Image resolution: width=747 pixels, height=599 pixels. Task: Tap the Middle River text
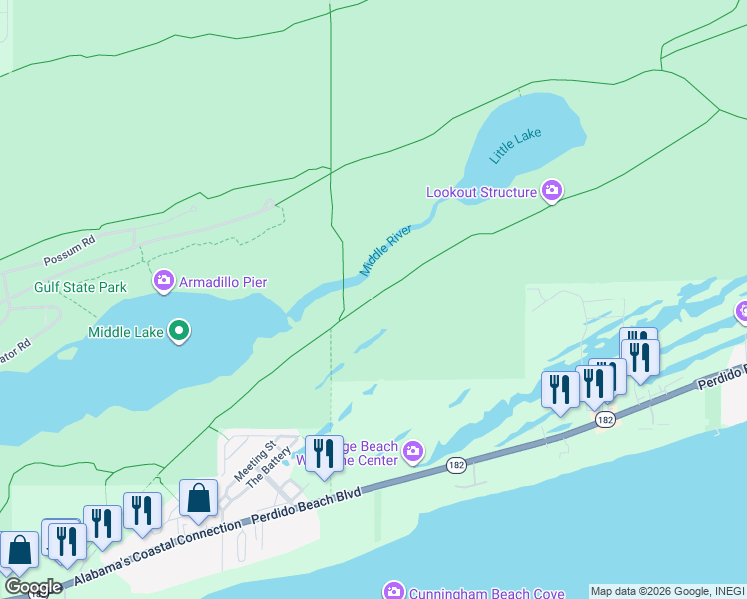(x=386, y=250)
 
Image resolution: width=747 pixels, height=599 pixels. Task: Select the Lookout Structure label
(x=481, y=191)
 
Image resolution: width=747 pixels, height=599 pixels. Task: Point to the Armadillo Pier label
(x=223, y=282)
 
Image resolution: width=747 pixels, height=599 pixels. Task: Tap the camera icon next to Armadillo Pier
(x=164, y=282)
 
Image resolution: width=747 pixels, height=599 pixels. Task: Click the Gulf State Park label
(x=80, y=287)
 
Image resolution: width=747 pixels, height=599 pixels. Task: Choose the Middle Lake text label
(x=125, y=332)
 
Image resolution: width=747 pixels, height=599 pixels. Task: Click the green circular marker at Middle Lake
(x=179, y=330)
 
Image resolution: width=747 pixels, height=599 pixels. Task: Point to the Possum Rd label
(x=68, y=255)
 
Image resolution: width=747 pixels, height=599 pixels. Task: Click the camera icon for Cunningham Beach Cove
(x=394, y=592)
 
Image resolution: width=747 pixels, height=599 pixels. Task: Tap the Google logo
(x=32, y=587)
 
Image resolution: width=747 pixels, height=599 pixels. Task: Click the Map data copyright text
(x=667, y=591)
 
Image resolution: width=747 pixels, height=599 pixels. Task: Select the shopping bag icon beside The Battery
(x=199, y=498)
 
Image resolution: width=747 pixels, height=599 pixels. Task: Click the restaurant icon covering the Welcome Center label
(x=322, y=454)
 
